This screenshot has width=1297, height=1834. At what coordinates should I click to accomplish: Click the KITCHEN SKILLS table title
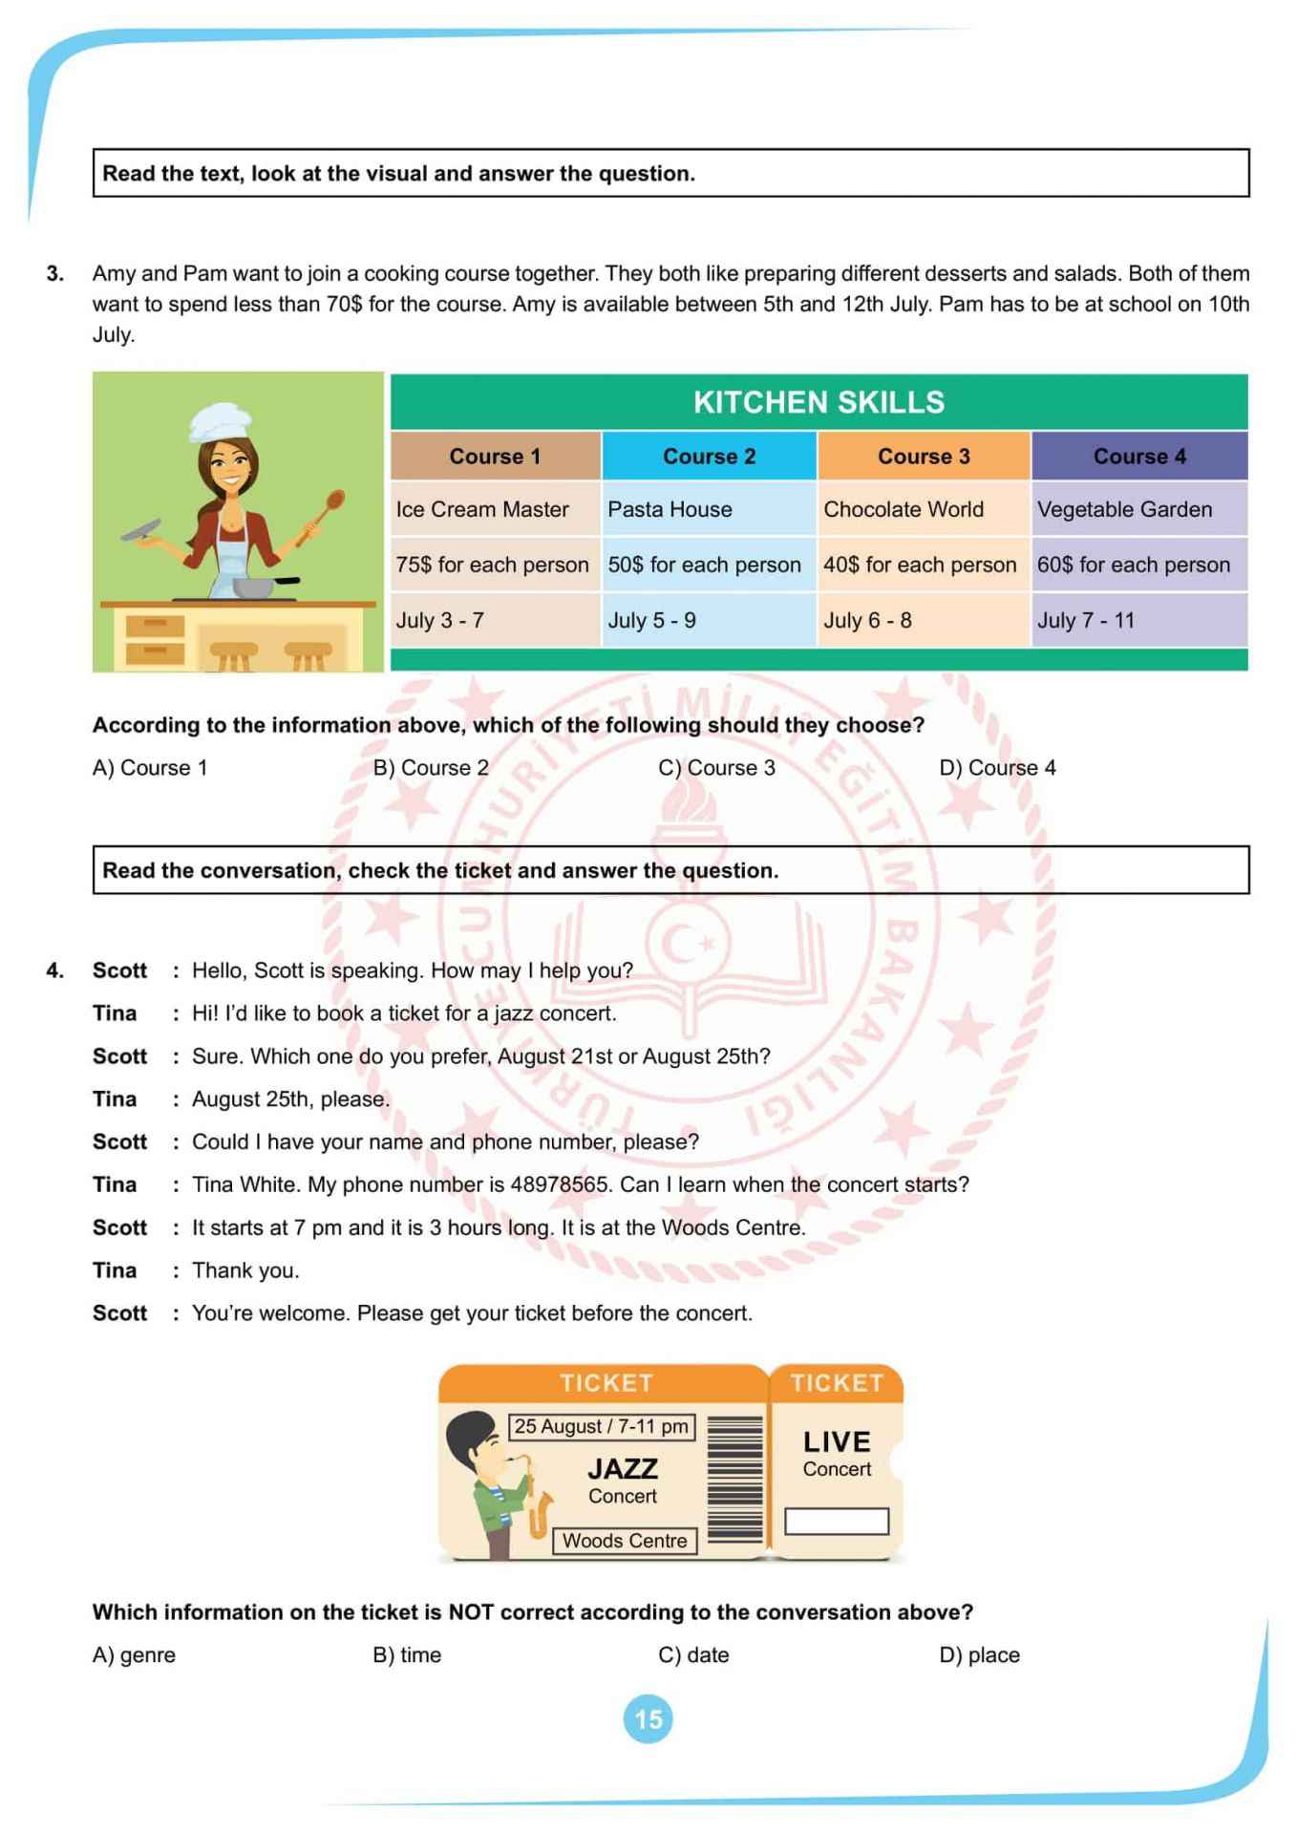click(819, 402)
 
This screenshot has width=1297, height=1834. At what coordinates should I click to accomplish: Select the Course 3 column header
click(924, 457)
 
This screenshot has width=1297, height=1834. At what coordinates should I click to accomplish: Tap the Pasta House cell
click(670, 509)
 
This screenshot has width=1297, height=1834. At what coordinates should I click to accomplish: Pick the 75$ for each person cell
click(492, 565)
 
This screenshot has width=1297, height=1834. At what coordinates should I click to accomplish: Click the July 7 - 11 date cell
click(1086, 620)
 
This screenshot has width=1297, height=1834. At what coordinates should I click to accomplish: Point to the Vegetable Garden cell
click(1124, 509)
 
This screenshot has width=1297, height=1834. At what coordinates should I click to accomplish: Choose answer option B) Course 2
click(431, 768)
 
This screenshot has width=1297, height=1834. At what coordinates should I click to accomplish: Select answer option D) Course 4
click(997, 768)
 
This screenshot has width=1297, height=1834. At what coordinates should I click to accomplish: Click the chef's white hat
click(219, 421)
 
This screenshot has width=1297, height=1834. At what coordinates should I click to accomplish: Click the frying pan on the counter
click(257, 586)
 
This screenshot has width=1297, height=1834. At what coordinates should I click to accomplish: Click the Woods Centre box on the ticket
click(625, 1540)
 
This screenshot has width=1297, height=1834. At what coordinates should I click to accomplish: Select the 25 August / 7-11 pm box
click(601, 1426)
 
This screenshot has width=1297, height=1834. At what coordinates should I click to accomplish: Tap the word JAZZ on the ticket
click(623, 1468)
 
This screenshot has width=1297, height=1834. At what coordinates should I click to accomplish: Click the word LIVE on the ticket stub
click(837, 1441)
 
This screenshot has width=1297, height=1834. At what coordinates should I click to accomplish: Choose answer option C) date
click(693, 1655)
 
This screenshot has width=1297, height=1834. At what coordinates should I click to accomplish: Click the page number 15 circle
click(648, 1719)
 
